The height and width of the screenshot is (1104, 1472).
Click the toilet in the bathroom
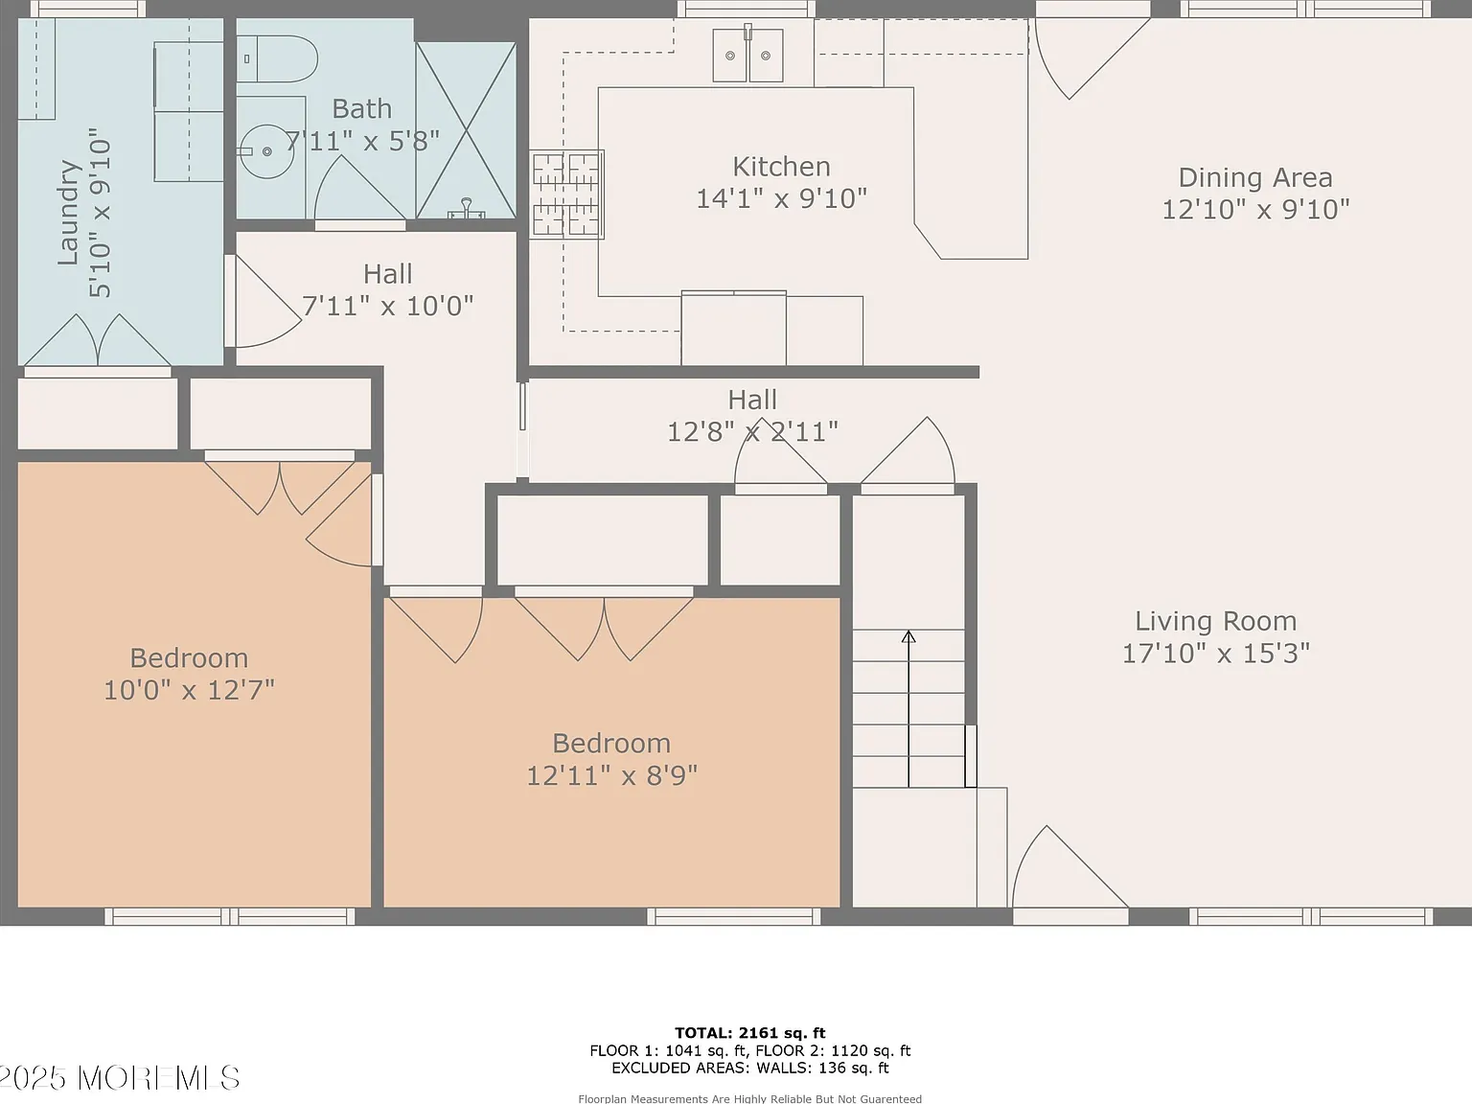click(x=277, y=59)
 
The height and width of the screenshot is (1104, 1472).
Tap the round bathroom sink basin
click(x=267, y=151)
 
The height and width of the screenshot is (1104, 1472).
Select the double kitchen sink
click(x=747, y=55)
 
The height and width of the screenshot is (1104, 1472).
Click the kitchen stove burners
click(x=566, y=195)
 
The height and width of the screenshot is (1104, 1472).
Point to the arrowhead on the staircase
click(x=908, y=636)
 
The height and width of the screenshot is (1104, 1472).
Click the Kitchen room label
click(x=781, y=166)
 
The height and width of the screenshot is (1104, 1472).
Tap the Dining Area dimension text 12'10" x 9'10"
click(x=1255, y=209)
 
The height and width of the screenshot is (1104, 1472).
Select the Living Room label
click(x=1216, y=621)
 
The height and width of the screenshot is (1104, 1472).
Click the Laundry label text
click(x=68, y=213)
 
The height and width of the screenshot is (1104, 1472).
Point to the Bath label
click(x=362, y=108)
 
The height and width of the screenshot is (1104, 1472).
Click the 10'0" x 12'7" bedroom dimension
click(x=189, y=690)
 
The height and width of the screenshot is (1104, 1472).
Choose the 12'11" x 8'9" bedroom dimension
click(x=611, y=775)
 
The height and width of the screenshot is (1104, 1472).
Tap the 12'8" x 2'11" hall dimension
click(x=752, y=431)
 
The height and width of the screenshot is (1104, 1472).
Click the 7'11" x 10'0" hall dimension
click(x=387, y=306)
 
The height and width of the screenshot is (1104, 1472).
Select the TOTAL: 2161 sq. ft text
click(x=749, y=1033)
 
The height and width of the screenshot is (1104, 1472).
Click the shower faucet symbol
click(x=466, y=209)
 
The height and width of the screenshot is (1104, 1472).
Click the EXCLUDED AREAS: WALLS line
click(x=749, y=1068)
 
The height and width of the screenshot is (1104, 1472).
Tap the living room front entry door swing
click(x=1069, y=867)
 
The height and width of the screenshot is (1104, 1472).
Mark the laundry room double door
click(x=98, y=340)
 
